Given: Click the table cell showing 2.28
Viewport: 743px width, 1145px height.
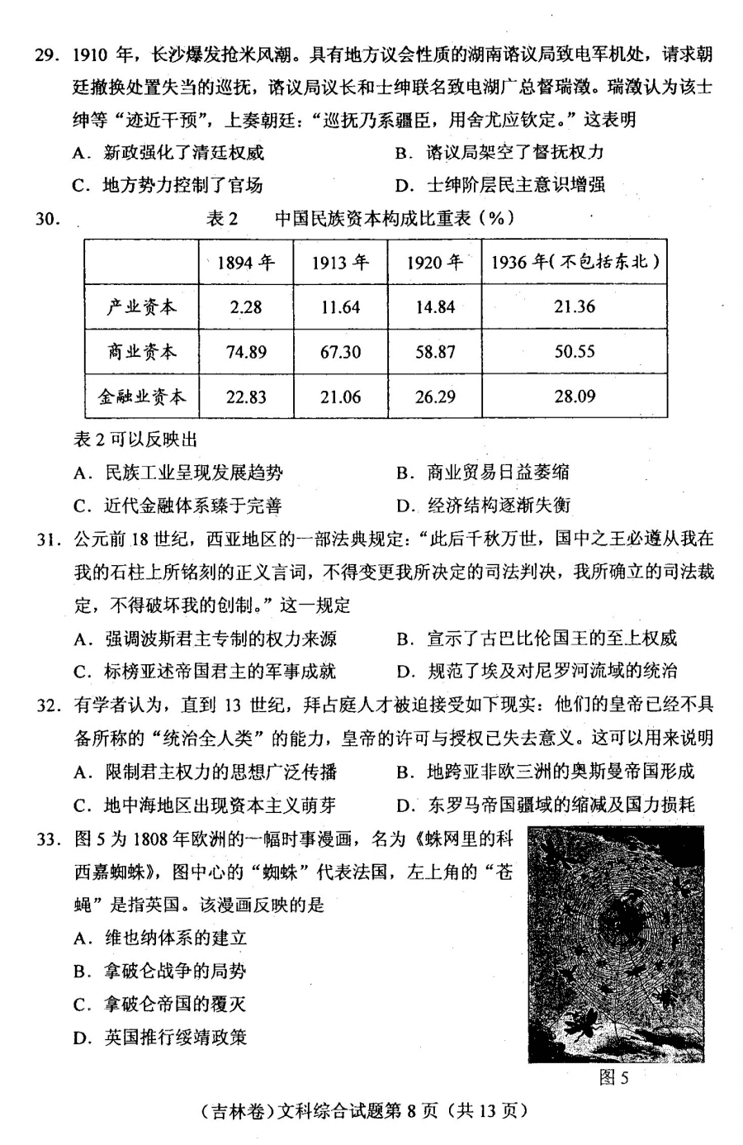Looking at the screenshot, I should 245,307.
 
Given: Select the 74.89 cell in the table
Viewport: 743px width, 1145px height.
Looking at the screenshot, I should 245,352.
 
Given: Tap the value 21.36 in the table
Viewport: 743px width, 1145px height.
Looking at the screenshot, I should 575,307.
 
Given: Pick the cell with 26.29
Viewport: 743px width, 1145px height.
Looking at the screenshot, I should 435,397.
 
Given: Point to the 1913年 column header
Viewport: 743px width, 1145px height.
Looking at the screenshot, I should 340,263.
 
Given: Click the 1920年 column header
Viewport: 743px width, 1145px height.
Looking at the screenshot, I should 435,263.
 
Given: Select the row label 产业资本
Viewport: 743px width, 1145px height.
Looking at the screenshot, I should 142,307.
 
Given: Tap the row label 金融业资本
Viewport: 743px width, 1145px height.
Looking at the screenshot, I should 142,397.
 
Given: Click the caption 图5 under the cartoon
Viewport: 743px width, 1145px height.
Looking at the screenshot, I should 613,1078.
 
